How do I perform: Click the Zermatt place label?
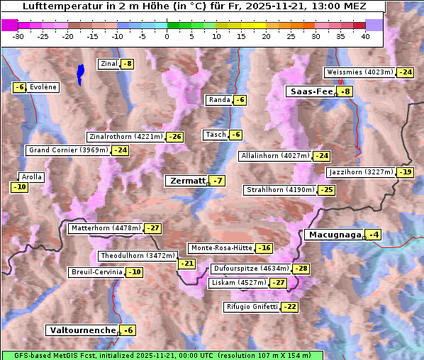(x=186, y=181)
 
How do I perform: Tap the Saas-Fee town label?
(x=310, y=91)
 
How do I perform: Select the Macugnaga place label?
(x=333, y=235)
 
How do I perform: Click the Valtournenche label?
(x=82, y=330)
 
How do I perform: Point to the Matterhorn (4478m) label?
(x=105, y=228)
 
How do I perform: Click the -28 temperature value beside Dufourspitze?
(x=301, y=269)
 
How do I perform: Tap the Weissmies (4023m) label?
(x=359, y=72)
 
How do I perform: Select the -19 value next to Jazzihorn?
(x=405, y=172)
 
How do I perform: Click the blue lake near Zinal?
(x=80, y=73)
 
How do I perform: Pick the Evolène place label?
(x=43, y=87)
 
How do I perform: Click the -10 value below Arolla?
(x=19, y=187)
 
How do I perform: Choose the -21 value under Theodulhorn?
(x=186, y=264)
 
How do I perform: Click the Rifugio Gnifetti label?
(x=252, y=307)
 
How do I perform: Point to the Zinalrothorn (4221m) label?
(x=125, y=137)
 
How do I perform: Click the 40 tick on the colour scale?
(x=365, y=36)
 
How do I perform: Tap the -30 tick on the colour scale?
(x=18, y=36)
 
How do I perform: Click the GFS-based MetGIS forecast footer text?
(x=161, y=355)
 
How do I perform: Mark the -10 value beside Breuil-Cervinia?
(x=133, y=272)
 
